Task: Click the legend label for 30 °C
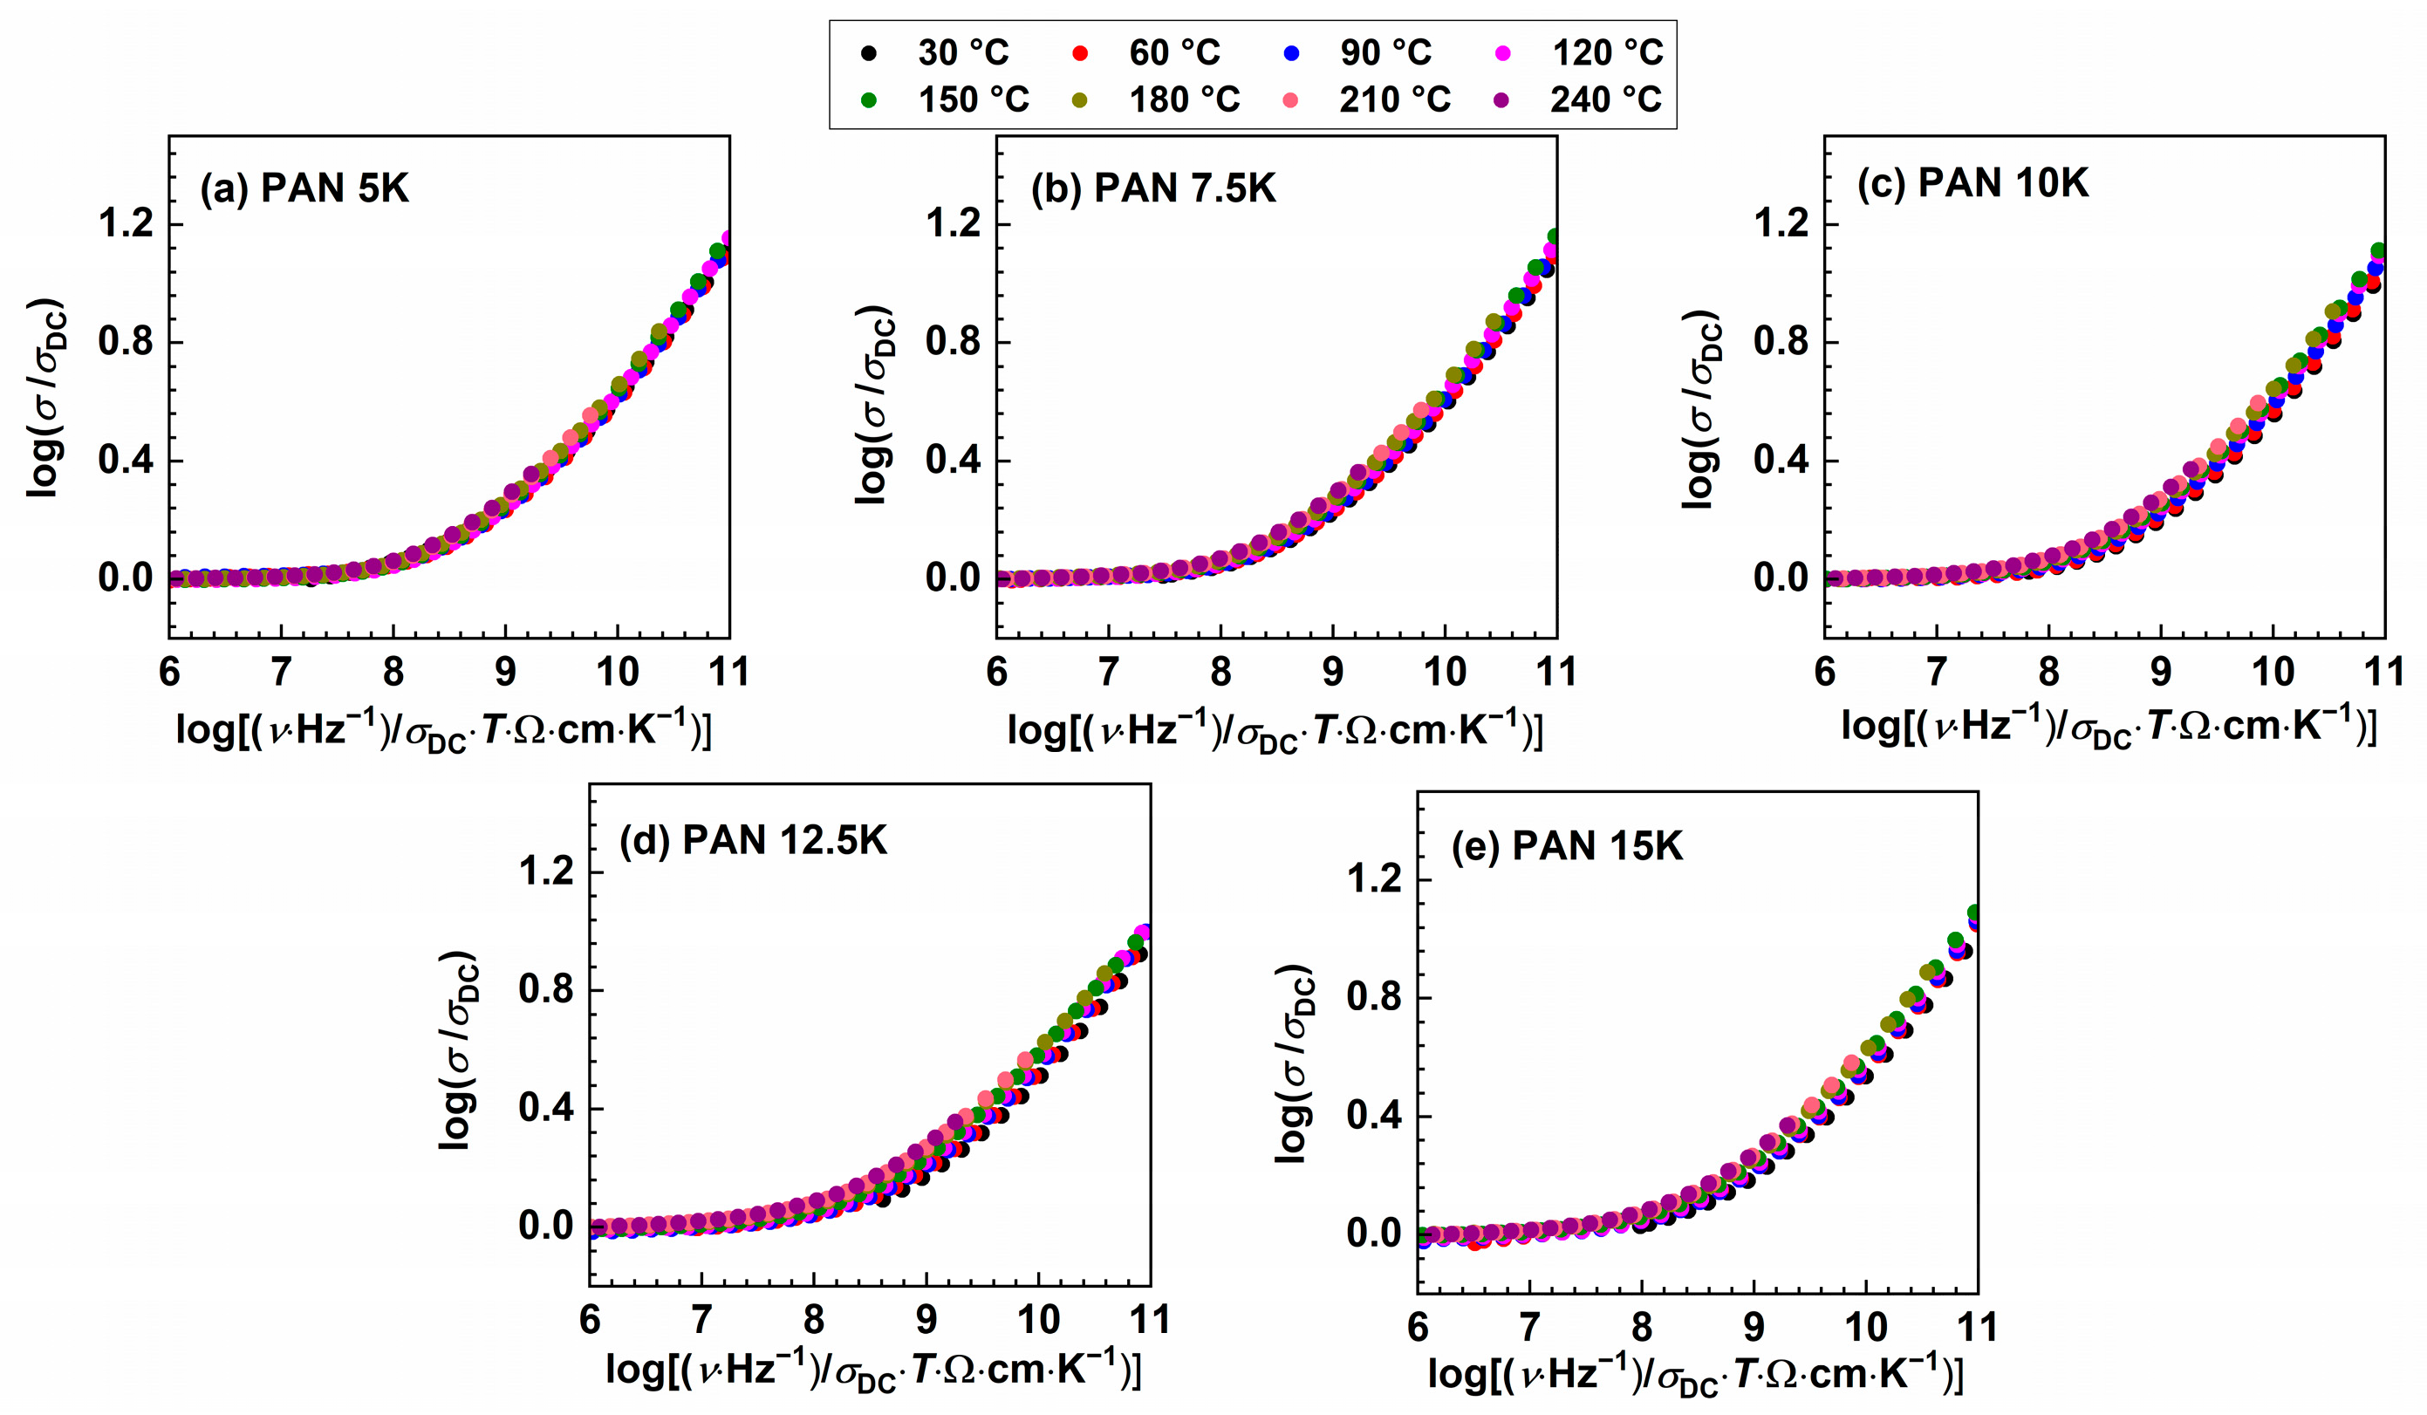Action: [x=962, y=52]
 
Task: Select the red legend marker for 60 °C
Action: [x=1080, y=53]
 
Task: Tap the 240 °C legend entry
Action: [x=1605, y=99]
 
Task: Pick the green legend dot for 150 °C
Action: [x=869, y=100]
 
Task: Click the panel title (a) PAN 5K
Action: [x=304, y=188]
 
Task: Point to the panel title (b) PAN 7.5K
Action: [x=1152, y=188]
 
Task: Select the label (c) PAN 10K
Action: [x=1972, y=183]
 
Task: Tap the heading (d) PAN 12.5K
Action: [x=752, y=841]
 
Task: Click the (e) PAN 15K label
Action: [x=1567, y=845]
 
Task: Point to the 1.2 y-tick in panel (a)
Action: [x=126, y=224]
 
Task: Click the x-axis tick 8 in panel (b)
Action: [x=1220, y=672]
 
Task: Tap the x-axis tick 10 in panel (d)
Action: [x=1038, y=1320]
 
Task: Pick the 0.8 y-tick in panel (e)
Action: [x=1374, y=998]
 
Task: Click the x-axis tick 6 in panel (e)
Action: [x=1418, y=1328]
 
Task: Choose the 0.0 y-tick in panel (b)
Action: [x=953, y=578]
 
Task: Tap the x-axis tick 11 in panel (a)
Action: [x=728, y=672]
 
